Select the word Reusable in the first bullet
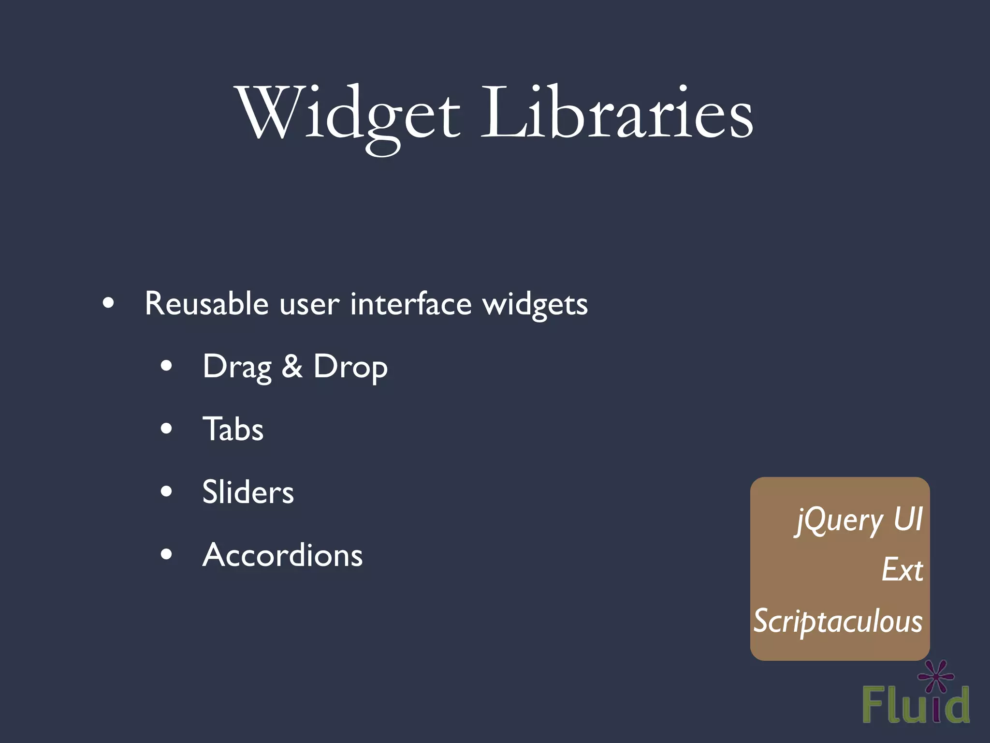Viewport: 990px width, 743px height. point(206,304)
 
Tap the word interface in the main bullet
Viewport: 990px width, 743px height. point(410,304)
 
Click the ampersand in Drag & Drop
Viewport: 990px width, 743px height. point(292,366)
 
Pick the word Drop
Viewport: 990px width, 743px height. point(350,368)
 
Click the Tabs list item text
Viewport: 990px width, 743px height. point(233,429)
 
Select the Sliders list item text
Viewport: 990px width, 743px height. point(248,492)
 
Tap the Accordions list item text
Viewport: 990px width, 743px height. point(282,555)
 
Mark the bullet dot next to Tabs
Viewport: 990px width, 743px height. point(166,429)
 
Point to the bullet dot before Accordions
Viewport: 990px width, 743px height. point(166,554)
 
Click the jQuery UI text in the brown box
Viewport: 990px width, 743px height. point(859,520)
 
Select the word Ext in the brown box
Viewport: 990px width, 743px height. point(902,570)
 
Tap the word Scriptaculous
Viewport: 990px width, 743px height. point(838,621)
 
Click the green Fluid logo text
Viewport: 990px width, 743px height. point(916,705)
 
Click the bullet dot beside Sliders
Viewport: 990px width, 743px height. point(166,491)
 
